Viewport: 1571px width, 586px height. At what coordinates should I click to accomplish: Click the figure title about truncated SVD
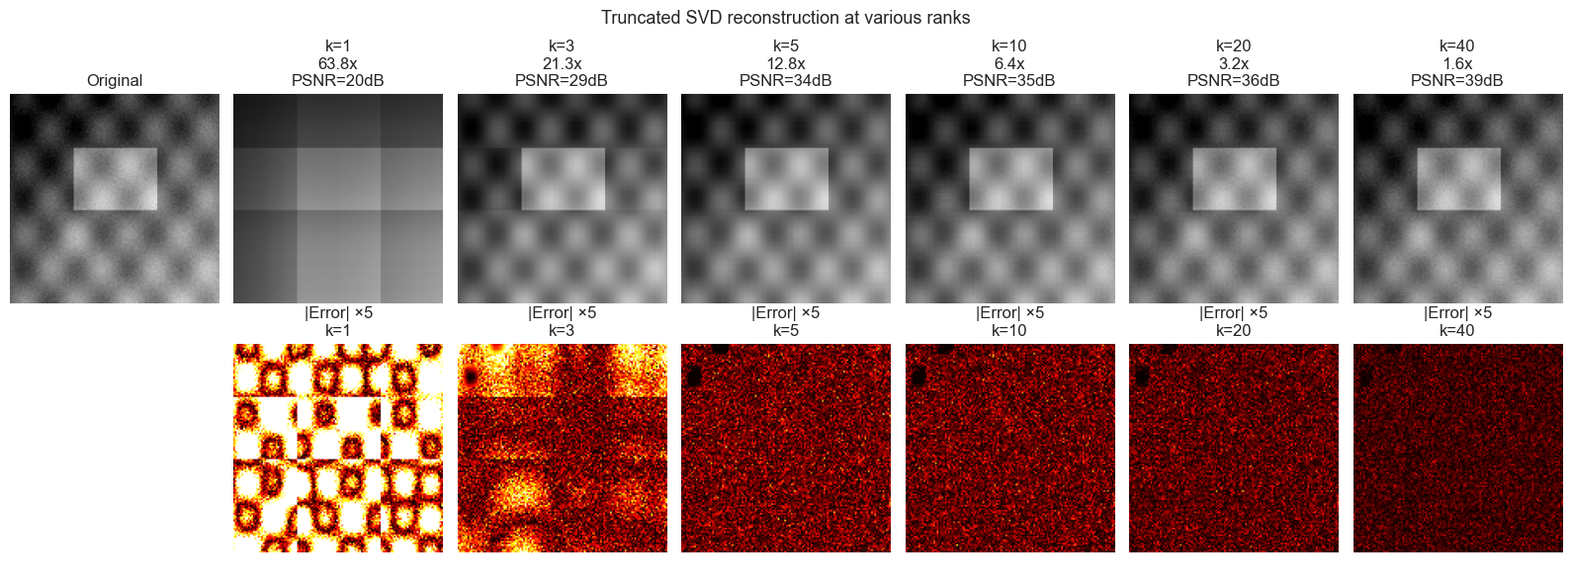[x=785, y=18]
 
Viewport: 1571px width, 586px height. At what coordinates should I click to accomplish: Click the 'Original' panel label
[x=115, y=80]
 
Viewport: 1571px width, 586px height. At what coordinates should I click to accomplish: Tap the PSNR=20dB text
[x=337, y=80]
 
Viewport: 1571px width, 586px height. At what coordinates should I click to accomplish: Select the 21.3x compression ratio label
[x=562, y=63]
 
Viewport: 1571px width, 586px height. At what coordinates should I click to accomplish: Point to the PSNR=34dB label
[x=785, y=80]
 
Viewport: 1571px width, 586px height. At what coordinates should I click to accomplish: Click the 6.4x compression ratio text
[x=1009, y=63]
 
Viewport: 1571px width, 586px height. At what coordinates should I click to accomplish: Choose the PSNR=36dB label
[x=1233, y=80]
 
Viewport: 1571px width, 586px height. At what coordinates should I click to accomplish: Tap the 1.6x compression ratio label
[x=1457, y=63]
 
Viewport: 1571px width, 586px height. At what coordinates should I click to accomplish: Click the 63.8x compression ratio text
[x=337, y=63]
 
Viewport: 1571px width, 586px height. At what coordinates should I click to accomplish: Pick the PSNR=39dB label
[x=1457, y=80]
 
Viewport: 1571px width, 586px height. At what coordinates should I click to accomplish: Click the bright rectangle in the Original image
[x=115, y=179]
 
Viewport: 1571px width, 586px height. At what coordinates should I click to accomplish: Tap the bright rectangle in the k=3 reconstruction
[x=563, y=179]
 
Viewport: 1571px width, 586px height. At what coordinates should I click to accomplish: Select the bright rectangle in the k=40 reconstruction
[x=1458, y=179]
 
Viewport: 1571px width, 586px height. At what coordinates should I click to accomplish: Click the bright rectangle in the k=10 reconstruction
[x=1010, y=179]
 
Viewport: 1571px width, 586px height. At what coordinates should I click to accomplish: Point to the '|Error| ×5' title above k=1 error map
[x=337, y=313]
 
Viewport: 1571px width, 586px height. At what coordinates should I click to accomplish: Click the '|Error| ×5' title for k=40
[x=1457, y=313]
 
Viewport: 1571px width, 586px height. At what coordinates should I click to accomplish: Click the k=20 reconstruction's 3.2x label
[x=1233, y=63]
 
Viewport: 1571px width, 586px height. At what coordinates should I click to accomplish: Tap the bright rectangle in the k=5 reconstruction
[x=786, y=179]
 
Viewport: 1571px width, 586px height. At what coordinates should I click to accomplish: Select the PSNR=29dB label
[x=562, y=80]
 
